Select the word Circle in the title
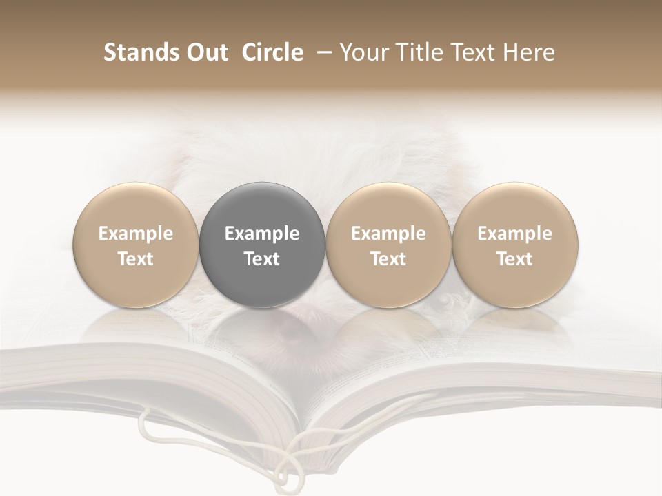[x=272, y=53]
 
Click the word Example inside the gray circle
[x=262, y=234]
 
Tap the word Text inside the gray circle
[x=262, y=259]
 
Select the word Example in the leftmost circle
[x=135, y=234]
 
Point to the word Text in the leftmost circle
[x=135, y=259]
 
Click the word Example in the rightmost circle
[x=514, y=234]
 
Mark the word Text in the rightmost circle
[x=514, y=259]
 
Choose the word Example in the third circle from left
[x=388, y=234]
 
